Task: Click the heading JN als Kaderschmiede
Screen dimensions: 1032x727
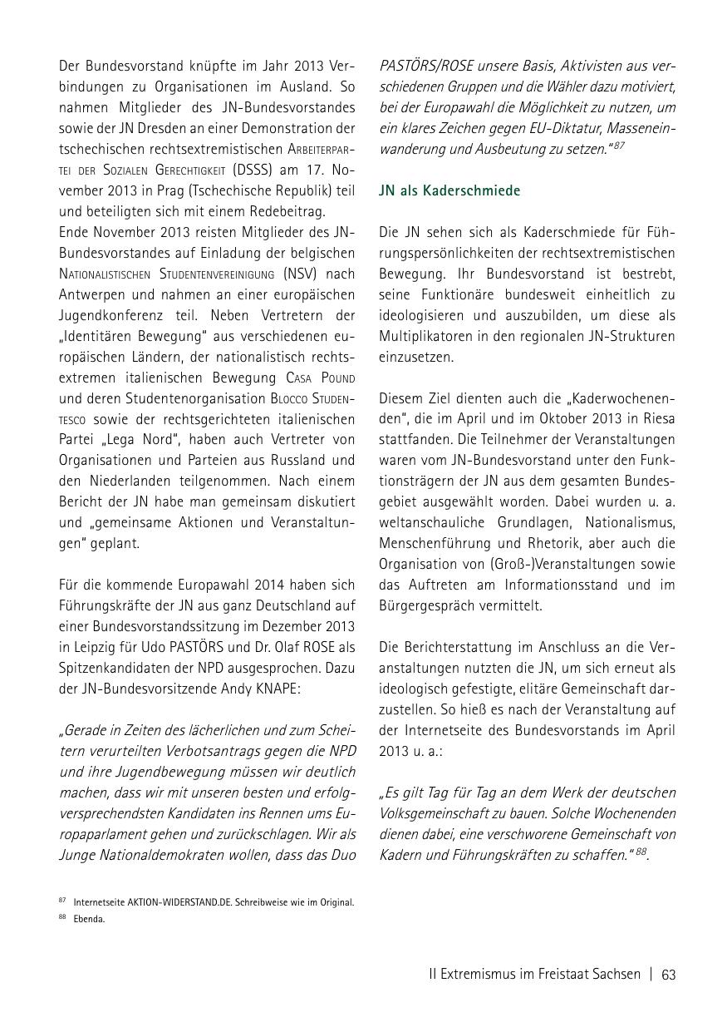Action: coord(449,190)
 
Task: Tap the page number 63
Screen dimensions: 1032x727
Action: coord(668,975)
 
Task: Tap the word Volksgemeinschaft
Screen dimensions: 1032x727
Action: coord(434,812)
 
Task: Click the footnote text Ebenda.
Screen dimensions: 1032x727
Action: coord(89,920)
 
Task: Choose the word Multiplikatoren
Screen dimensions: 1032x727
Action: coord(431,336)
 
